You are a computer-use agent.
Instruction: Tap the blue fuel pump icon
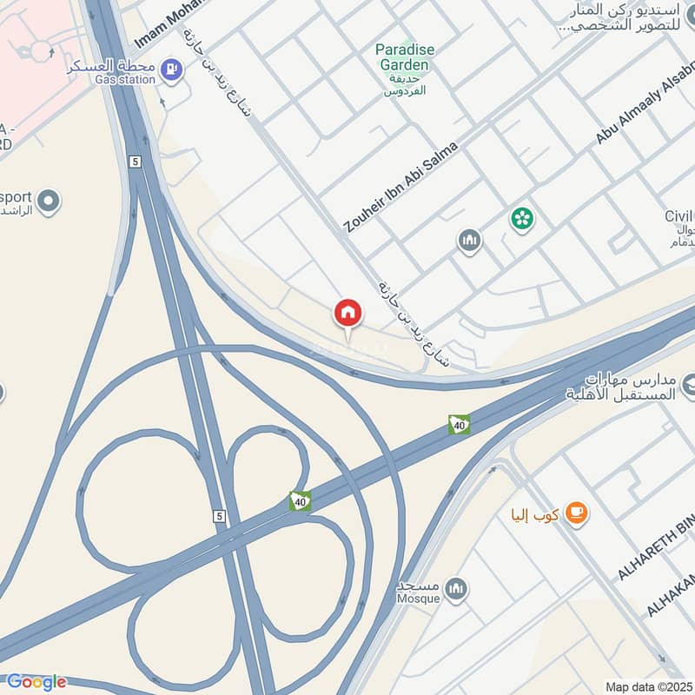172,67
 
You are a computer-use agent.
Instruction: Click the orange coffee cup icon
575,514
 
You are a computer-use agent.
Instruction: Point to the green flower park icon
522,218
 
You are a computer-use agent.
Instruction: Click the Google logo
36,682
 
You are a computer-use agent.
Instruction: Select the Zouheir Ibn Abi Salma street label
400,187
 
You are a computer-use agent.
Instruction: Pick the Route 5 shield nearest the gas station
135,162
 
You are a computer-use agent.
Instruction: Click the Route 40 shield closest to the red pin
459,424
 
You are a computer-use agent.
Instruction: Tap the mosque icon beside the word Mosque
454,592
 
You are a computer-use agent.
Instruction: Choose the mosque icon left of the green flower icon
469,241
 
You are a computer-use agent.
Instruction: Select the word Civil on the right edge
678,215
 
